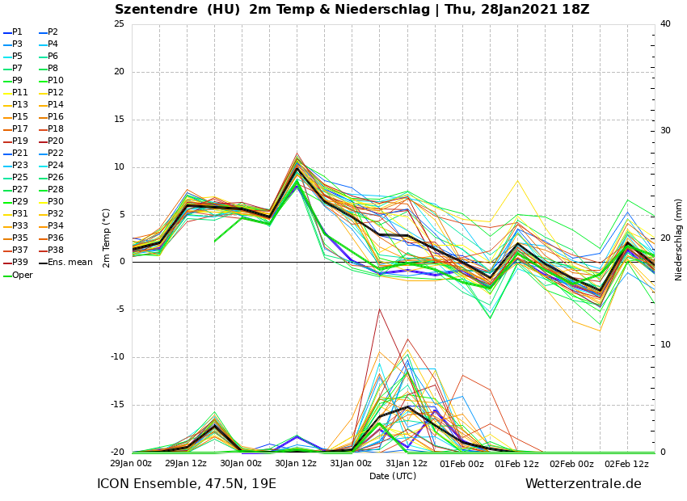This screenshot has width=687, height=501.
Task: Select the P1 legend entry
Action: coord(17,32)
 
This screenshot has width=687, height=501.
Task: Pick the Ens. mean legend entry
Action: coord(70,263)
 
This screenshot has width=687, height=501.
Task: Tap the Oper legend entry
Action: coord(22,276)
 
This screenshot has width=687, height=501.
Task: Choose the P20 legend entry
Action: coord(55,141)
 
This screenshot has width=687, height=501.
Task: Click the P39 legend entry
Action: coord(19,263)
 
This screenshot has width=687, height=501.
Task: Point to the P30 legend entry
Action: coord(55,202)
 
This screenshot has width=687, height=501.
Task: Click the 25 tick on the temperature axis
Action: coord(119,24)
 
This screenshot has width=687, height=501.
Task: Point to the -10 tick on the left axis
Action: coord(117,357)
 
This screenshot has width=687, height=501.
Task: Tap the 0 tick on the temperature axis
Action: coord(122,262)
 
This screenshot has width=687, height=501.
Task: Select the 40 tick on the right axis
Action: coord(665,24)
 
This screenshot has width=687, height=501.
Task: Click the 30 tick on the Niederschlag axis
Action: coord(665,131)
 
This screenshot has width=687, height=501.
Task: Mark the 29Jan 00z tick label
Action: coord(131,464)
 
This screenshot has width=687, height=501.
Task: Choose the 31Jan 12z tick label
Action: coord(407,464)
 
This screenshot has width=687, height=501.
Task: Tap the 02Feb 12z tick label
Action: coord(627,464)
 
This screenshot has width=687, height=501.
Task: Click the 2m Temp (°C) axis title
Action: coord(107,238)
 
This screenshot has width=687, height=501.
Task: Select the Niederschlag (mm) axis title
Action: coord(679,239)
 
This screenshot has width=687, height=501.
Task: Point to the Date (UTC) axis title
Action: coord(393,477)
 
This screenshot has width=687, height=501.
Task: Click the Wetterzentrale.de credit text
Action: coord(583,484)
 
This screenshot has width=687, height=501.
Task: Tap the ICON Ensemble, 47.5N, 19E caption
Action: coord(187,484)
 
